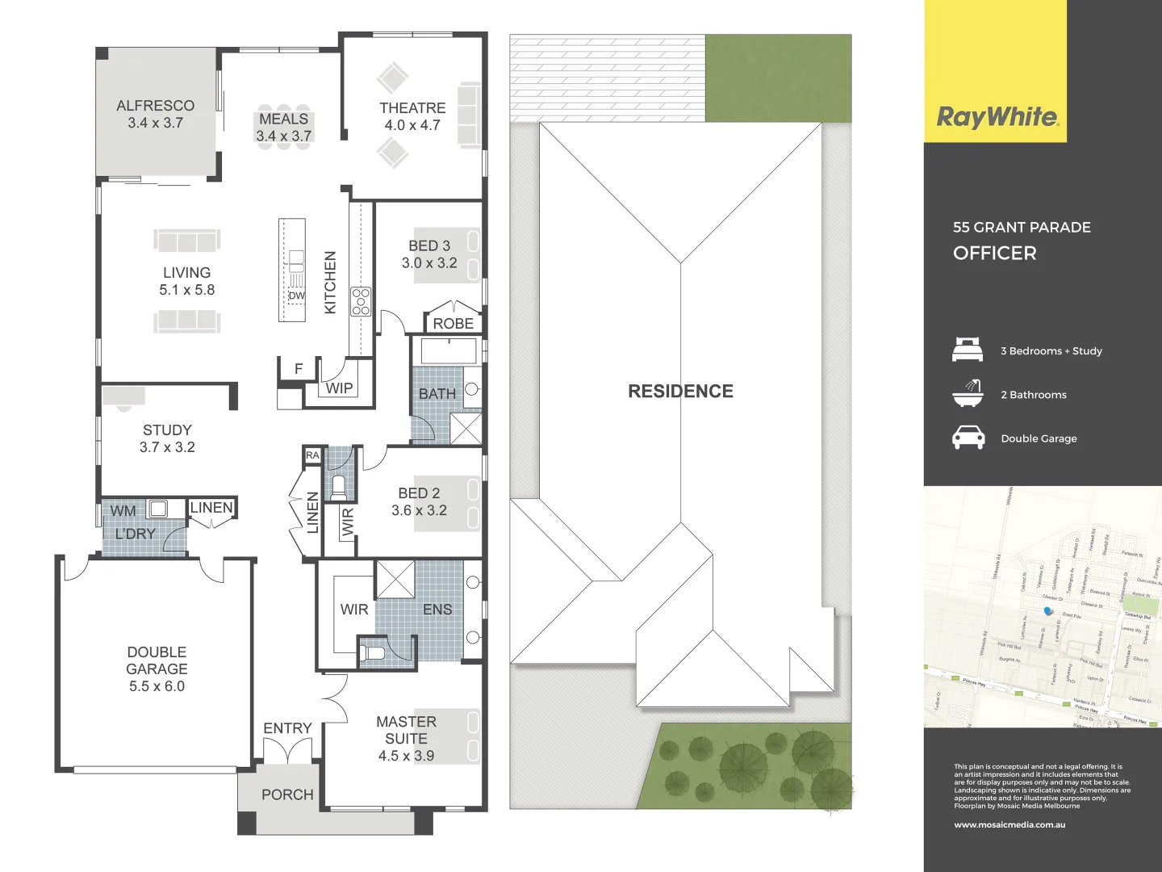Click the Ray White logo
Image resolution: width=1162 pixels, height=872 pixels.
(x=997, y=117)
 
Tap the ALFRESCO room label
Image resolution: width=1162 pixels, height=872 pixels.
(x=155, y=106)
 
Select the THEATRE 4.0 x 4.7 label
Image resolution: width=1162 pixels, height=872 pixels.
(x=412, y=116)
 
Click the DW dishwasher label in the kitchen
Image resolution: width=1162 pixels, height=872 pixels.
(x=297, y=296)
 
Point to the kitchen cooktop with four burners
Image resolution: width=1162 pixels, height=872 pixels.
(x=361, y=300)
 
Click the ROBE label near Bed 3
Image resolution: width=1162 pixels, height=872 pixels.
(x=454, y=324)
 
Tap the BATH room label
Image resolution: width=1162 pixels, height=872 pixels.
(x=437, y=394)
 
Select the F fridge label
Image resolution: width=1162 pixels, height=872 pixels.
(x=299, y=369)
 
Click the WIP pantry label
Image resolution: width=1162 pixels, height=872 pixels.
(x=339, y=388)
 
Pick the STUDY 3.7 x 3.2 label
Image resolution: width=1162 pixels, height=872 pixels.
(x=167, y=438)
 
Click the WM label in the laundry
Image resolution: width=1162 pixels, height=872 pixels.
(x=123, y=511)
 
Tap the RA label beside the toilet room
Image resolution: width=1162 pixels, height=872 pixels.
(x=312, y=455)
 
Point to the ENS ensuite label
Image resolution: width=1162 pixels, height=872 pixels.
(x=437, y=610)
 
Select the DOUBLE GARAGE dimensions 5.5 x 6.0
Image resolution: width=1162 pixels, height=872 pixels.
(x=157, y=686)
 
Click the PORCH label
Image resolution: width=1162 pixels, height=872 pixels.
(x=287, y=794)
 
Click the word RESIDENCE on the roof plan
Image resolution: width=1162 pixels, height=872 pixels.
(x=680, y=392)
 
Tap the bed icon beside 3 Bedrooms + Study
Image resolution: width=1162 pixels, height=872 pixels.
(x=968, y=350)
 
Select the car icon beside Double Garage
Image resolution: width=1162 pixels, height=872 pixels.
(x=968, y=438)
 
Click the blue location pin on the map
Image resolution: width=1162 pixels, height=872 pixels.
(x=1048, y=612)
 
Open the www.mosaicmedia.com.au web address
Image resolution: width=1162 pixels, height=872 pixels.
(x=1009, y=825)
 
